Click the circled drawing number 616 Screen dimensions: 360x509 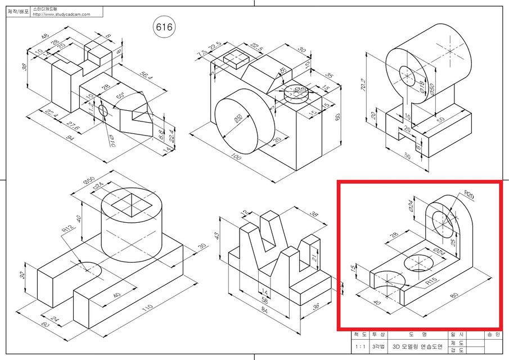(x=164, y=26)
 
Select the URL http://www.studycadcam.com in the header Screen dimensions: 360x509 (x=61, y=15)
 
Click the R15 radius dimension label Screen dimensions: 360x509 (x=431, y=281)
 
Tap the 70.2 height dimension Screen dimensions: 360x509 (x=368, y=85)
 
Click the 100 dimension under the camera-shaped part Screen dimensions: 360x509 (x=236, y=157)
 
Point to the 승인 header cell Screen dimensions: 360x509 (x=493, y=335)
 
